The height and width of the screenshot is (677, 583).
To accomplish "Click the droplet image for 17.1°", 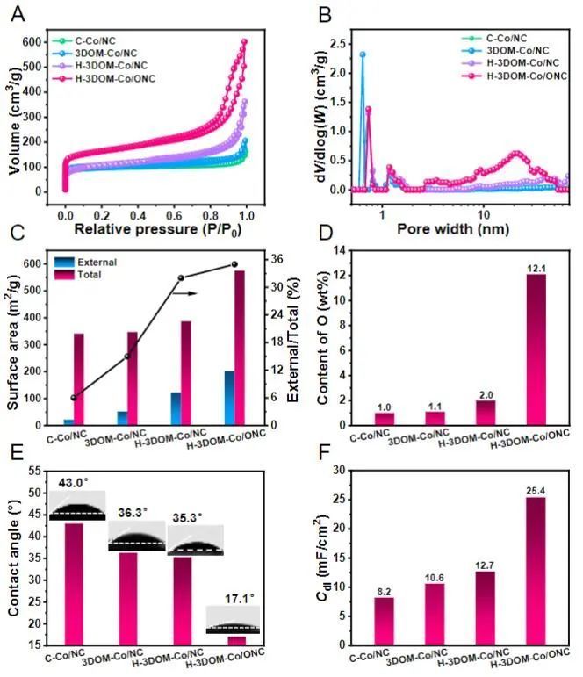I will [234, 620].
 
